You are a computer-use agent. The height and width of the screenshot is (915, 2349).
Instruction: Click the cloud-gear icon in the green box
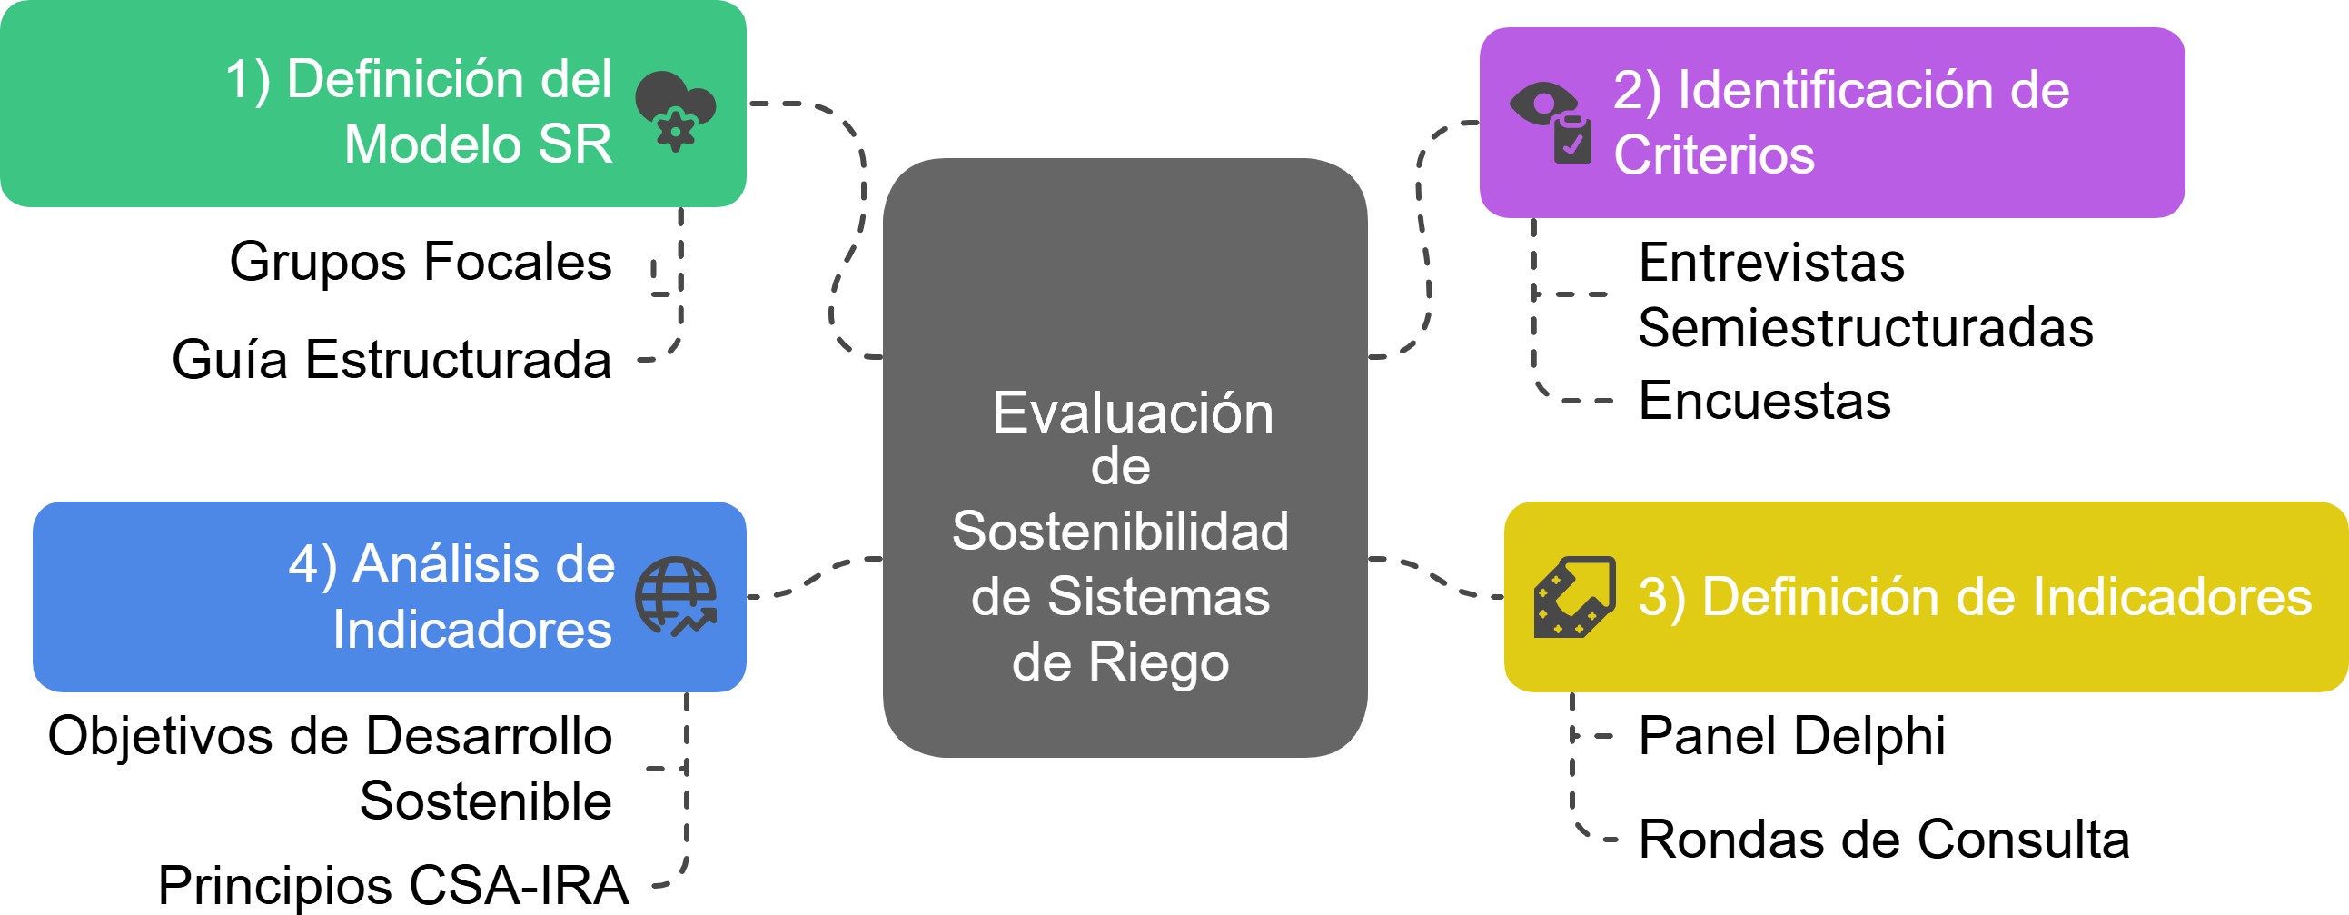click(x=675, y=109)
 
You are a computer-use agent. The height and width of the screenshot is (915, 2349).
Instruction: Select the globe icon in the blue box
click(x=676, y=596)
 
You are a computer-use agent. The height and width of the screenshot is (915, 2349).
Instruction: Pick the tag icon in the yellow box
click(x=1575, y=597)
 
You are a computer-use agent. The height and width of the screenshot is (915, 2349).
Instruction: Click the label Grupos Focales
click(x=421, y=263)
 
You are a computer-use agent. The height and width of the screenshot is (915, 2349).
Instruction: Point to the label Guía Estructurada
click(x=391, y=360)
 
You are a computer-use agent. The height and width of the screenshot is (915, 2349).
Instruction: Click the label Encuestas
click(x=1765, y=401)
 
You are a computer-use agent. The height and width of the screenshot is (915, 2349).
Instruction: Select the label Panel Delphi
click(x=1792, y=736)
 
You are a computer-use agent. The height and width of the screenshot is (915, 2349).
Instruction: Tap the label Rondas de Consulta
click(x=1884, y=840)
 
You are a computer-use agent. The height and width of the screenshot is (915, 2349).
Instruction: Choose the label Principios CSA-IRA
click(x=393, y=885)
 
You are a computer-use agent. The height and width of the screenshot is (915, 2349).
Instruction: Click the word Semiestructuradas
click(x=1866, y=328)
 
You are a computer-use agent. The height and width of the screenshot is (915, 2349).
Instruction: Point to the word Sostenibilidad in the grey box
click(x=1121, y=532)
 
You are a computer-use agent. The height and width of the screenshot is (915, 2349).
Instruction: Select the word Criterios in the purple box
click(x=1714, y=155)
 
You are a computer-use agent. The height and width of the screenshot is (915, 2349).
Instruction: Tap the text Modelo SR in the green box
click(x=478, y=144)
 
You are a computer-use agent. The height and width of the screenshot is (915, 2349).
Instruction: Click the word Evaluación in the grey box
click(x=1133, y=413)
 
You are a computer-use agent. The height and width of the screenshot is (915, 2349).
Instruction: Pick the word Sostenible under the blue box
click(x=485, y=802)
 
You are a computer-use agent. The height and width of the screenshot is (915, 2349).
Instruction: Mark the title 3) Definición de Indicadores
click(x=1975, y=598)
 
